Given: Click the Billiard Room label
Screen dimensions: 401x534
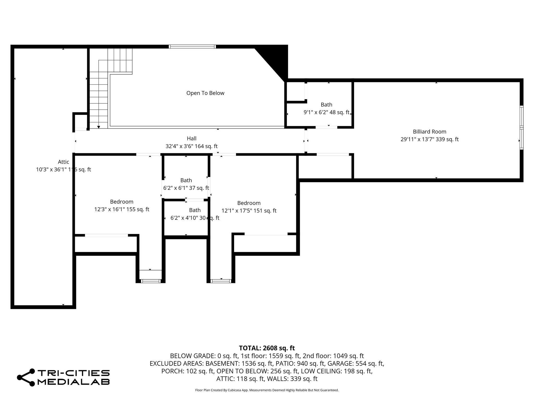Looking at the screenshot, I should (x=429, y=132).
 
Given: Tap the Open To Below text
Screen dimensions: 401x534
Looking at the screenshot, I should (x=205, y=93).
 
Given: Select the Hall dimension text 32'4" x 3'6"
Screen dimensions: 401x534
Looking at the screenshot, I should (x=191, y=146).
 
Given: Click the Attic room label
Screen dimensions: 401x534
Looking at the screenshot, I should (x=63, y=162).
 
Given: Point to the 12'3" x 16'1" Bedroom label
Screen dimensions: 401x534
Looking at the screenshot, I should (x=122, y=202).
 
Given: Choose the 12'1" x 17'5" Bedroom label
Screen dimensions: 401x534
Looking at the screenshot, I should (x=249, y=203).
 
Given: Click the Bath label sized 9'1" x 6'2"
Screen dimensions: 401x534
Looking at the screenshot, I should (x=326, y=105).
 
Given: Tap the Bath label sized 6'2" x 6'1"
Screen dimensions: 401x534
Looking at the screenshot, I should (x=186, y=180).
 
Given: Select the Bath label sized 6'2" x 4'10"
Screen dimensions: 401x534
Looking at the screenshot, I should (x=195, y=210).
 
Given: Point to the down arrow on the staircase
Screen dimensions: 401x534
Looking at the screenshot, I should (x=99, y=127).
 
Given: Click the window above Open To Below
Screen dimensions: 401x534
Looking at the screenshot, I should (x=192, y=47).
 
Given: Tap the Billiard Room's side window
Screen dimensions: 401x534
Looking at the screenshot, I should (x=521, y=127).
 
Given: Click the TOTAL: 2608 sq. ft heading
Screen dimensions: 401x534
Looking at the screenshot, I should (x=267, y=348).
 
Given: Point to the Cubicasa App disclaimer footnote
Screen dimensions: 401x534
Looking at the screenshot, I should (x=267, y=390).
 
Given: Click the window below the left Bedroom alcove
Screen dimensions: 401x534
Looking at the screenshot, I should (x=150, y=281).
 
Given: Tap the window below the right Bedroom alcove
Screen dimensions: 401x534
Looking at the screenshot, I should (x=221, y=281).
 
